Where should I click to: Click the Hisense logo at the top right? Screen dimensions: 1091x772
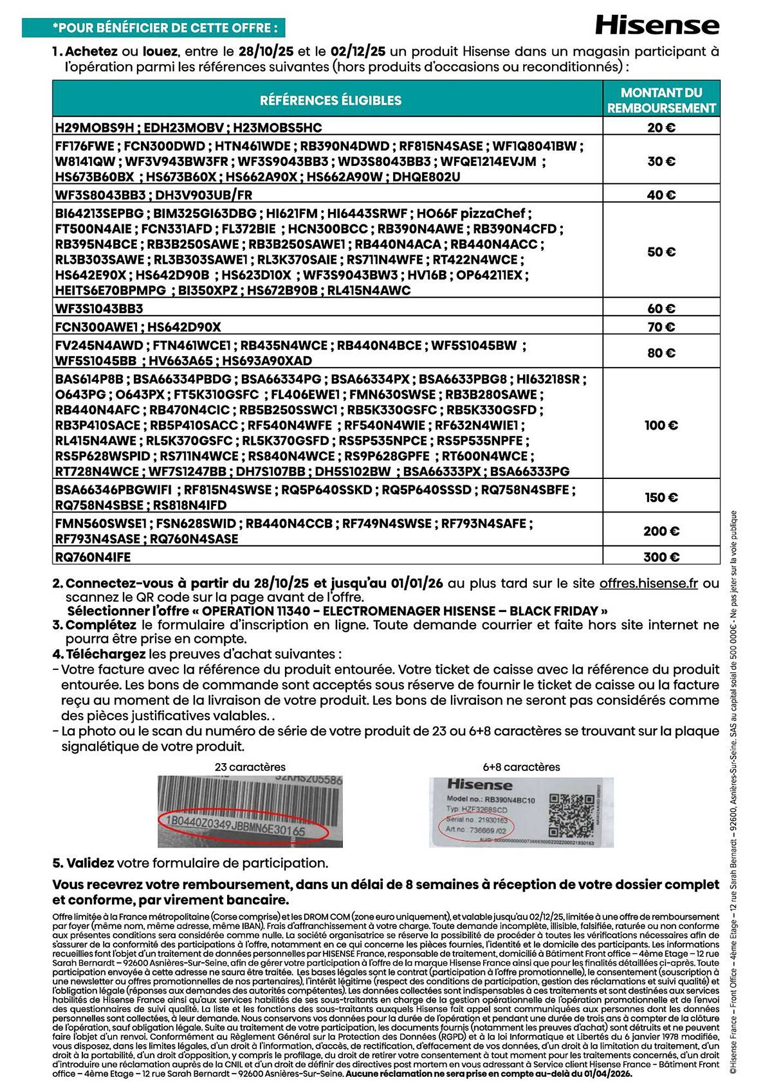(657, 26)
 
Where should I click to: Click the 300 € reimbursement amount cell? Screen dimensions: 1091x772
(661, 557)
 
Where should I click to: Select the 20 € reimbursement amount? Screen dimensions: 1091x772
(661, 128)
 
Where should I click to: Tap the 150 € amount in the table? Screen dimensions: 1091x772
(661, 497)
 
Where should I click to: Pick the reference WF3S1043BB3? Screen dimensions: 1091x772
(99, 309)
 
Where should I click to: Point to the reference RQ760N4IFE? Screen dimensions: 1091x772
(93, 557)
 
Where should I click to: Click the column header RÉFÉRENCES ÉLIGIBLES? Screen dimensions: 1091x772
(330, 100)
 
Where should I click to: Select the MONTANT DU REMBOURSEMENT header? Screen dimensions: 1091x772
(661, 100)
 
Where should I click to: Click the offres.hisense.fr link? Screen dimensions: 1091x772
(648, 583)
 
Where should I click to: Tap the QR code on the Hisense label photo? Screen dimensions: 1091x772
(571, 815)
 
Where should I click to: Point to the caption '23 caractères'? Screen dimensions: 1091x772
(250, 767)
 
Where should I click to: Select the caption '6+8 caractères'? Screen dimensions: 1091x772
(521, 767)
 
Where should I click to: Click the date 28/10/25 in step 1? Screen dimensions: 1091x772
(266, 52)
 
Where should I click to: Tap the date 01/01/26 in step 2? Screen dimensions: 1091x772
(417, 583)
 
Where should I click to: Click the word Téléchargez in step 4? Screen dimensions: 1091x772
(105, 654)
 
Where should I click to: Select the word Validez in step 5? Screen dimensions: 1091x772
(90, 863)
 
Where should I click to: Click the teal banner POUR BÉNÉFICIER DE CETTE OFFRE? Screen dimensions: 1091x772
(153, 28)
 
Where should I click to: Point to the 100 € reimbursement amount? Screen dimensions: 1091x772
(661, 425)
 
